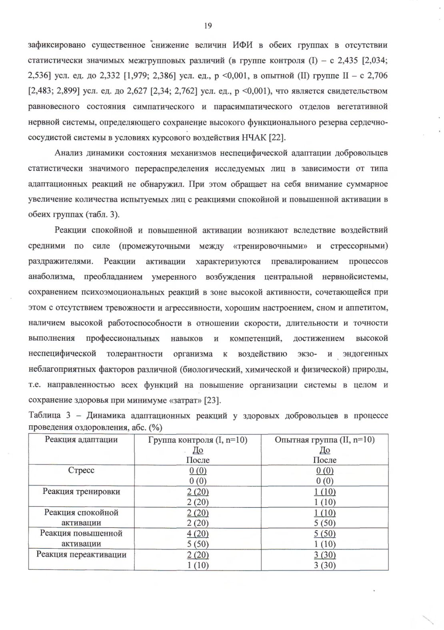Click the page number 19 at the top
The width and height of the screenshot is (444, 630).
coord(208,26)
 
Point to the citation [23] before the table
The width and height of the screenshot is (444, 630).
coord(212,400)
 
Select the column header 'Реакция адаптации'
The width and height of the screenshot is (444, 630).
coord(81,439)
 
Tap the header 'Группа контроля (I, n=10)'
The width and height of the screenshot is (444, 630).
coord(198,440)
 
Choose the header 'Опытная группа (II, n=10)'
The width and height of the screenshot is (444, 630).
coord(324,440)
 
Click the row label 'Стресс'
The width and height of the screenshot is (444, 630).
coord(81,470)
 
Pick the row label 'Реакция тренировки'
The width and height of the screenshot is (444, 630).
coord(81,492)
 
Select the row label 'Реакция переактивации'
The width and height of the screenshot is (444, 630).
coord(81,554)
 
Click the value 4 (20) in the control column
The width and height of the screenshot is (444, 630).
coord(198,534)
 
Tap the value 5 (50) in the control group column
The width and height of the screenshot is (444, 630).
coord(198,544)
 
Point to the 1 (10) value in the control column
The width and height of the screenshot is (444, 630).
coord(198,565)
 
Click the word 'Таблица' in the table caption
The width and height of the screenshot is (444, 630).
coord(44,416)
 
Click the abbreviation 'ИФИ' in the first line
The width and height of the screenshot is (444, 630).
coord(243,44)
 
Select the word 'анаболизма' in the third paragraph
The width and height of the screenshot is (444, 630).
coord(51,277)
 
